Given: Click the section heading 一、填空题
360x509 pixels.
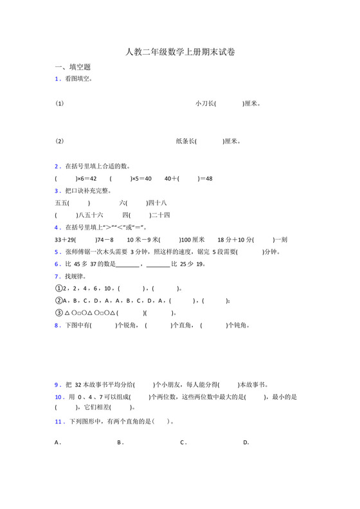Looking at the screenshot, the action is click(x=73, y=67).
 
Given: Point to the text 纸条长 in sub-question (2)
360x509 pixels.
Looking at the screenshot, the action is click(x=185, y=141).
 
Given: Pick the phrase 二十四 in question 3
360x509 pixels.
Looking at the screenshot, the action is click(x=160, y=215).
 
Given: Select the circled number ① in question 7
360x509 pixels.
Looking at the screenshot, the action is click(x=58, y=289).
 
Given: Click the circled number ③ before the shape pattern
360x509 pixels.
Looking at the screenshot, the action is click(x=58, y=313).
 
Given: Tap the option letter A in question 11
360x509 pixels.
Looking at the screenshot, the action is click(x=57, y=442).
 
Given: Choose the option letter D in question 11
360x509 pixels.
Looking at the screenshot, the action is click(x=246, y=442).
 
